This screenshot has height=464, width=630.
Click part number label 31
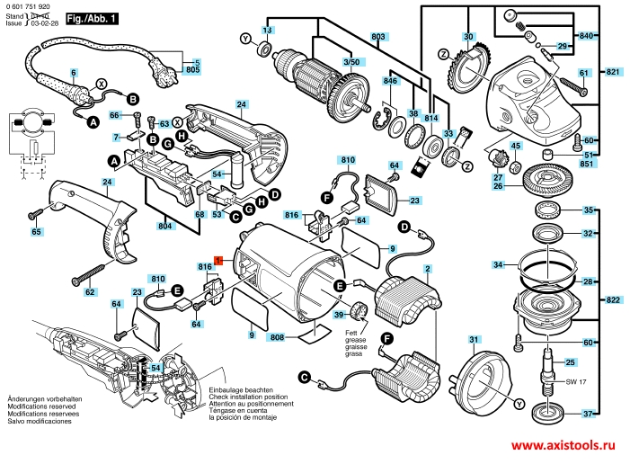[x=474, y=339]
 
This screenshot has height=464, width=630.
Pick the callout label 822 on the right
[x=612, y=299]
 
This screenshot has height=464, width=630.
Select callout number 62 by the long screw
[x=89, y=292]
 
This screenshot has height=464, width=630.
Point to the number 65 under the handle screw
[x=36, y=232]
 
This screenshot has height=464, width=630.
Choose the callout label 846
[x=390, y=81]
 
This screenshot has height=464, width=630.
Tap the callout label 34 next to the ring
[x=498, y=264]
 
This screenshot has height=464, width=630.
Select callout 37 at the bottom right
[x=588, y=414]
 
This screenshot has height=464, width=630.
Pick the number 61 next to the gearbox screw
[x=583, y=73]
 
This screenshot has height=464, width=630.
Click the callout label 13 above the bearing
[x=266, y=31]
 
